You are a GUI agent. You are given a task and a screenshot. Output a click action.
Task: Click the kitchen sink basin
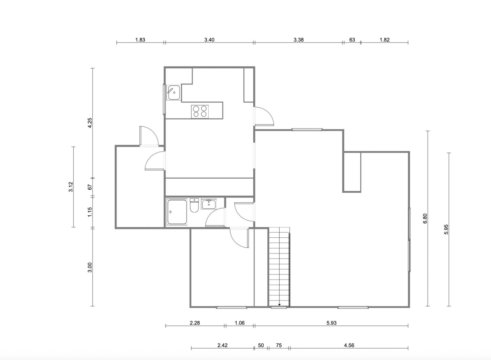pos(174,92)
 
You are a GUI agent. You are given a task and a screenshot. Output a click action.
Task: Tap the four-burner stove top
pos(200,111)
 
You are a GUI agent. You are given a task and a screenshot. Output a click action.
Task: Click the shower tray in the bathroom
pos(177,212)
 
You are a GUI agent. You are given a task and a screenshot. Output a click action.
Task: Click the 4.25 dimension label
pos(90,123)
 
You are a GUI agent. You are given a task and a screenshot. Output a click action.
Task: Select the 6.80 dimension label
pos(425,218)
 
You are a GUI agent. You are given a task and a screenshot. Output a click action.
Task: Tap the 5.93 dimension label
pos(331,323)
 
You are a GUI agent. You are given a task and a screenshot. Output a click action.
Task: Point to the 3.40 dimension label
pos(209,40)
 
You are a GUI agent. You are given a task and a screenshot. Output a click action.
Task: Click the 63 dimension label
pos(352,40)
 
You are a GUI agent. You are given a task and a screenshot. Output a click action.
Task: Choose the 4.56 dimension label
pos(349,345)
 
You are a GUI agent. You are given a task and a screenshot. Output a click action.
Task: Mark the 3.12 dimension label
pos(71,187)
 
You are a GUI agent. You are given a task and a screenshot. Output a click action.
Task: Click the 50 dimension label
pos(261,345)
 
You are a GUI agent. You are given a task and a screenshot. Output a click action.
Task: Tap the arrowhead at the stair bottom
pos(279,305)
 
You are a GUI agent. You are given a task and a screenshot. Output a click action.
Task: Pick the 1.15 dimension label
pos(90,212)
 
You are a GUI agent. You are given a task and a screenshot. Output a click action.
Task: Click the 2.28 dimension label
pos(195,323)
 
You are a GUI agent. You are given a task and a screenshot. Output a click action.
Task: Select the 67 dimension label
pos(90,187)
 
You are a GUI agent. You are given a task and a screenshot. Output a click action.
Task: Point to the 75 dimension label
pos(279,345)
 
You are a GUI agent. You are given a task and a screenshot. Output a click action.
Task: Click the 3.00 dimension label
pos(90,268)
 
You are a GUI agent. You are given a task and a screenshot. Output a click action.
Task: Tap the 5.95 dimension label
pos(446,229)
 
